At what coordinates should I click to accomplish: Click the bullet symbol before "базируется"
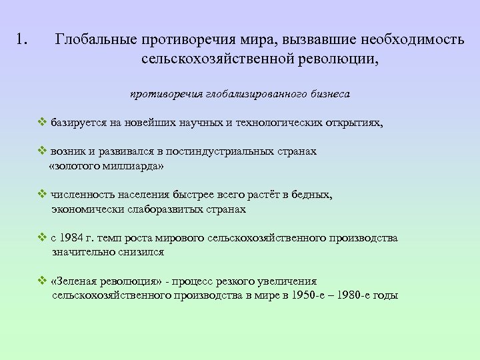pyautogui.click(x=42, y=123)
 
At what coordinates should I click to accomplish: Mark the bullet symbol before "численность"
pyautogui.click(x=42, y=195)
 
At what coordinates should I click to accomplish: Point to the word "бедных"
pyautogui.click(x=313, y=195)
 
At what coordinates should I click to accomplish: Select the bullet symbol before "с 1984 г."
pyautogui.click(x=42, y=238)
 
